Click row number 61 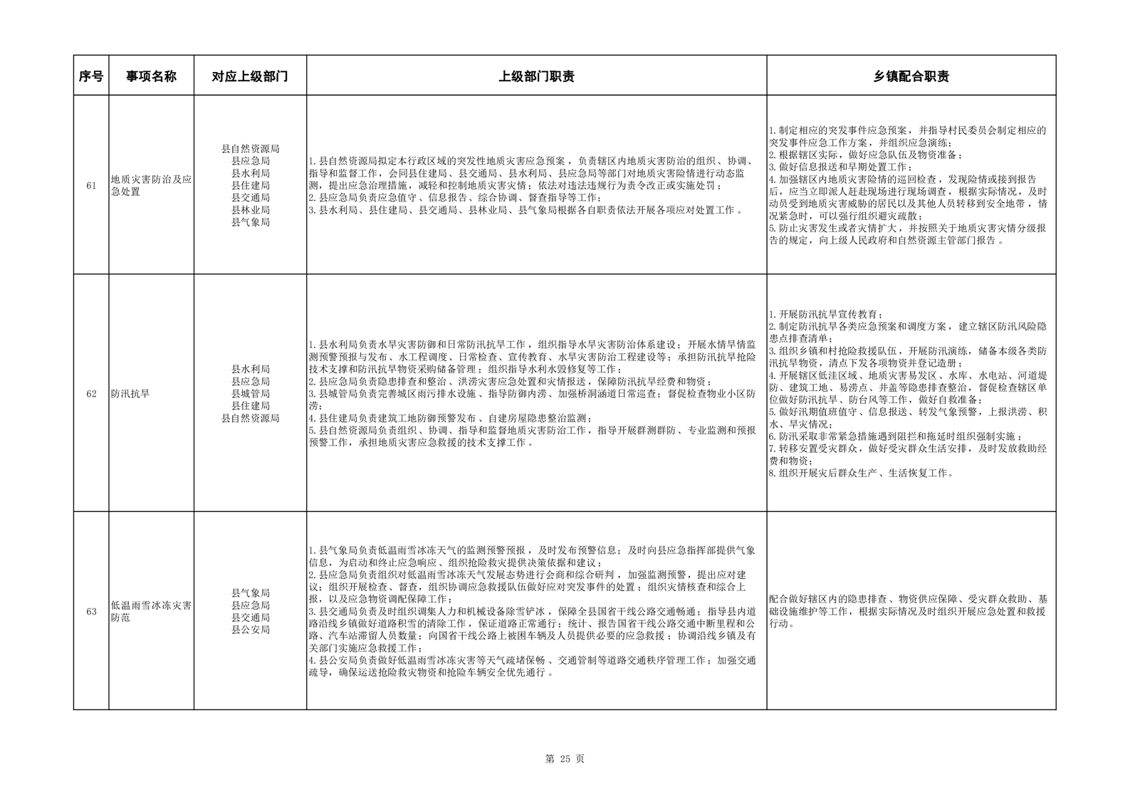click(91, 186)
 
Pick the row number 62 click(91, 394)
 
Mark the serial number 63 click(91, 612)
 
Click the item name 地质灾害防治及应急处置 click(151, 186)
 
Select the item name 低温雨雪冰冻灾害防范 click(151, 612)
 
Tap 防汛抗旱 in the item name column click(130, 394)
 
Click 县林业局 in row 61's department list click(251, 210)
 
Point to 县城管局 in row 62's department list click(251, 394)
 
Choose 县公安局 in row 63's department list click(251, 630)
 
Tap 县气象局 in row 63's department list click(251, 593)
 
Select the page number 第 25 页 click(565, 759)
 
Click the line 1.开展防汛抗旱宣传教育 click(826, 314)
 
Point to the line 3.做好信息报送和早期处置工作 click(841, 167)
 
